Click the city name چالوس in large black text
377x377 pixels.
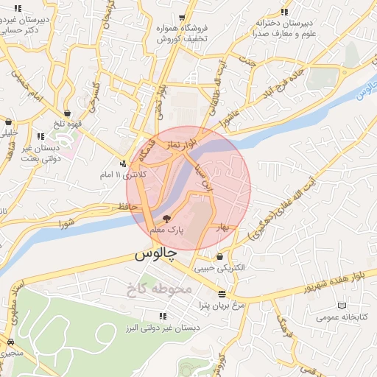point(155,255)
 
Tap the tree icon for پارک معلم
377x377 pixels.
point(166,219)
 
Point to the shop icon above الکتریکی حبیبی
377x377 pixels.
point(220,256)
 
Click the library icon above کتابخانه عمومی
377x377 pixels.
point(339,306)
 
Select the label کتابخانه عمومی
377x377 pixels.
point(339,317)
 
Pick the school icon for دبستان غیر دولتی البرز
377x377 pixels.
point(163,316)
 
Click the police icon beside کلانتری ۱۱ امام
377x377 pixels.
point(124,163)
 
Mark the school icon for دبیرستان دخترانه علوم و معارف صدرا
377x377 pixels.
point(285,11)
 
